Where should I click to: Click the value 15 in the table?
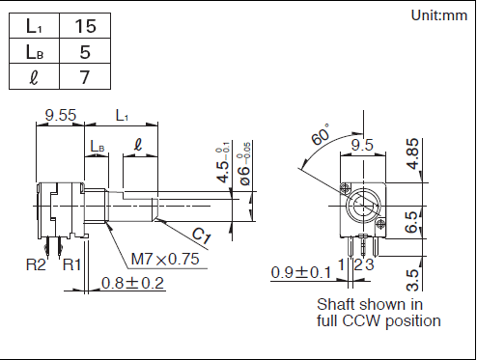(x=85, y=26)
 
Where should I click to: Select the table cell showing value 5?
(x=85, y=51)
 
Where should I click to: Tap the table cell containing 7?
(x=85, y=76)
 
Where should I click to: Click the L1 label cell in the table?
(x=34, y=26)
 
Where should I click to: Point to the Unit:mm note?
(x=439, y=15)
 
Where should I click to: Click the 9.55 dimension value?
(x=61, y=115)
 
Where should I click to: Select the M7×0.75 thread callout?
(x=165, y=259)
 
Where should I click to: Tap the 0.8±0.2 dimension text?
(x=132, y=283)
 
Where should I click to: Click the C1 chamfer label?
(x=202, y=235)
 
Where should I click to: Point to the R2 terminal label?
(x=36, y=264)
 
